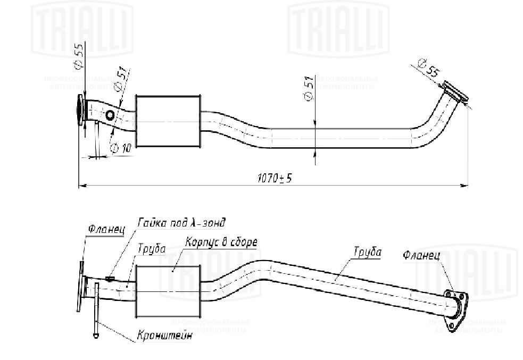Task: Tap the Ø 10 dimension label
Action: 121,147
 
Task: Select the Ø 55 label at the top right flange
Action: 428,68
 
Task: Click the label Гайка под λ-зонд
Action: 181,222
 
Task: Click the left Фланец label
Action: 106,230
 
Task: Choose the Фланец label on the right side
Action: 421,255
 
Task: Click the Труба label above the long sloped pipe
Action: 368,252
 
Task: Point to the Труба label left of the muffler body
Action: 152,248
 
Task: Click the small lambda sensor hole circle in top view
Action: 110,115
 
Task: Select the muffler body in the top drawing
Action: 168,122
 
